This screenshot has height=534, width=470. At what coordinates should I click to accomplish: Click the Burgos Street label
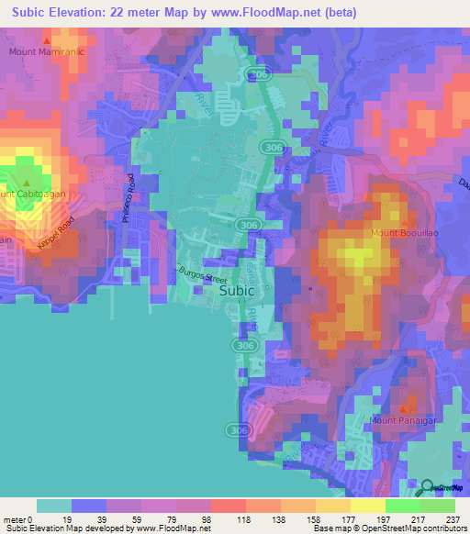click(201, 273)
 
